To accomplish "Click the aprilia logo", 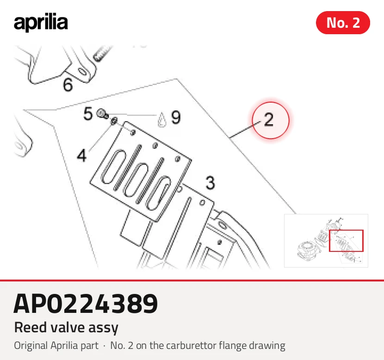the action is (41, 23).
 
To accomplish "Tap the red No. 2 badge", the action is (343, 23).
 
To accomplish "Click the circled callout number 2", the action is (269, 120).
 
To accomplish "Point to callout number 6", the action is (68, 85).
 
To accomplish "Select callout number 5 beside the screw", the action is (88, 114).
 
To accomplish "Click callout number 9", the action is (176, 117).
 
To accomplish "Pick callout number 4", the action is (82, 156).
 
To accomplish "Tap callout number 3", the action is (210, 183).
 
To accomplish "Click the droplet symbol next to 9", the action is (161, 120).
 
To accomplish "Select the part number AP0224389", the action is (86, 304).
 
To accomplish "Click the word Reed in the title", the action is (31, 327).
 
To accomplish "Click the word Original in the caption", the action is (31, 346).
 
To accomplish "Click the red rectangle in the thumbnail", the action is (329, 241).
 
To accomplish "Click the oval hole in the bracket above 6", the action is (82, 72).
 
